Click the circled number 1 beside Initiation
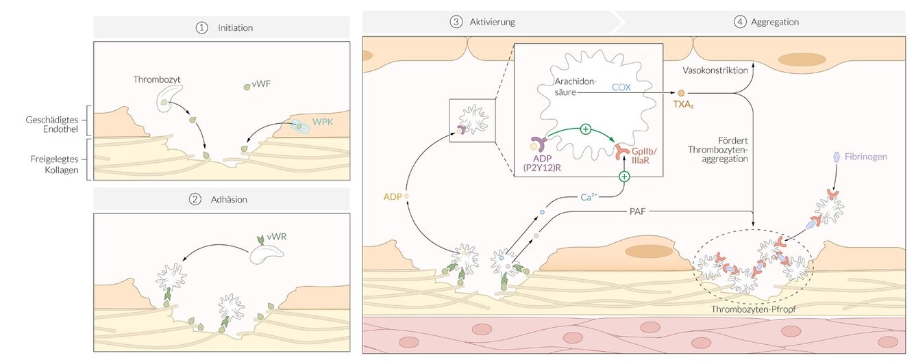[201, 28]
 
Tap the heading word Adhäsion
[229, 200]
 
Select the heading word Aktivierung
[492, 22]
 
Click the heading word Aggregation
[774, 22]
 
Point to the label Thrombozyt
[155, 79]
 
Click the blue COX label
[621, 87]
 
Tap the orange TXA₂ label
[682, 107]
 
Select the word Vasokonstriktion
[715, 70]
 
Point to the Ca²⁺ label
[590, 197]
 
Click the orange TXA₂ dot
[681, 93]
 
